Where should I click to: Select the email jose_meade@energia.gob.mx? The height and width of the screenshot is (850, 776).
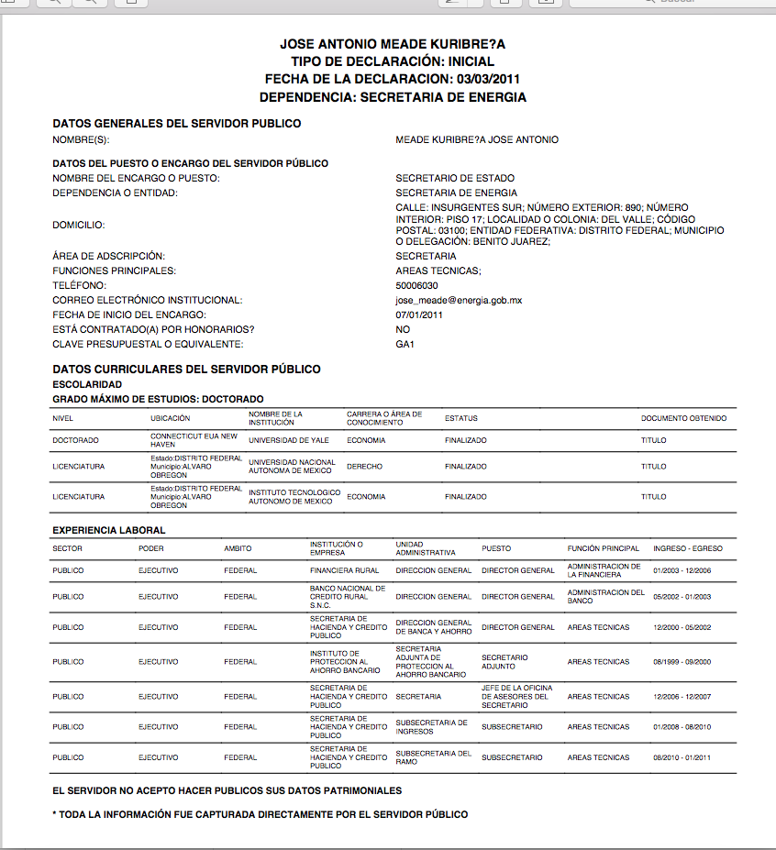point(459,300)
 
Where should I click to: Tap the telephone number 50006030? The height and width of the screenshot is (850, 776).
point(416,285)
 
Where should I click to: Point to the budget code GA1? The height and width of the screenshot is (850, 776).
point(405,344)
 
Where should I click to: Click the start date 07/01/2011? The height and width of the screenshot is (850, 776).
point(419,315)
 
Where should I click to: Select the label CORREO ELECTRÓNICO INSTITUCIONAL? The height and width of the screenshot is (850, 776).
point(147,300)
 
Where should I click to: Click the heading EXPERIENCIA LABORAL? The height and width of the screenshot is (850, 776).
point(108,530)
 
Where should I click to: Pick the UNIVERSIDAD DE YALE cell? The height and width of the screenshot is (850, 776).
point(289,441)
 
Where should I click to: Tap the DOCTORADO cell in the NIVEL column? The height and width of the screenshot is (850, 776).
point(75,441)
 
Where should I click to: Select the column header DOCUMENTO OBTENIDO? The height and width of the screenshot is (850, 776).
point(683,419)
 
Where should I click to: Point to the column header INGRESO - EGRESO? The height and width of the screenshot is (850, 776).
point(687,548)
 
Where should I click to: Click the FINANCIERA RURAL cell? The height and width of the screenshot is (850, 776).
point(344,570)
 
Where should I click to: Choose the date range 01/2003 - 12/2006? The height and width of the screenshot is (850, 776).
point(682,570)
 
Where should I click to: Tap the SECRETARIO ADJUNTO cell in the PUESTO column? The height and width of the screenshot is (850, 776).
point(504,662)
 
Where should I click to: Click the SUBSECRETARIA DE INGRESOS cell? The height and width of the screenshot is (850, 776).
point(432,727)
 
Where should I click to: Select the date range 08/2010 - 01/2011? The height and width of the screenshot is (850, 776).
point(682,758)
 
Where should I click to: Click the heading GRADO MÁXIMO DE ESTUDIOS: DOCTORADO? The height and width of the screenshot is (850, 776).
point(158,399)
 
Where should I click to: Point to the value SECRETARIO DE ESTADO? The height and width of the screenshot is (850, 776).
point(455,178)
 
